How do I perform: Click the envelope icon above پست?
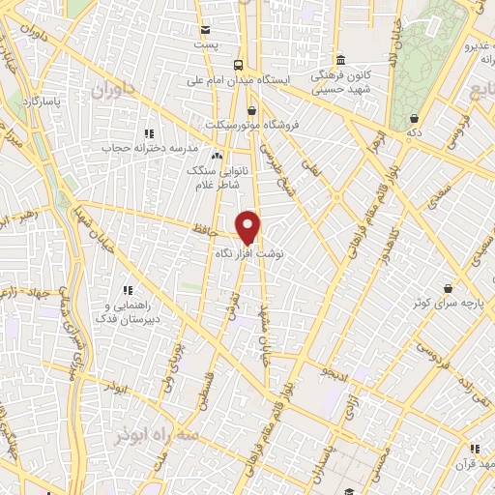point(204,30)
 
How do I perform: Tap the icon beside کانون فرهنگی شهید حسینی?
point(338,58)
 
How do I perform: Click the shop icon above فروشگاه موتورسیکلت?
point(252,110)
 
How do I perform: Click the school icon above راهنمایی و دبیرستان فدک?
point(127,290)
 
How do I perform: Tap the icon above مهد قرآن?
point(474,449)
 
